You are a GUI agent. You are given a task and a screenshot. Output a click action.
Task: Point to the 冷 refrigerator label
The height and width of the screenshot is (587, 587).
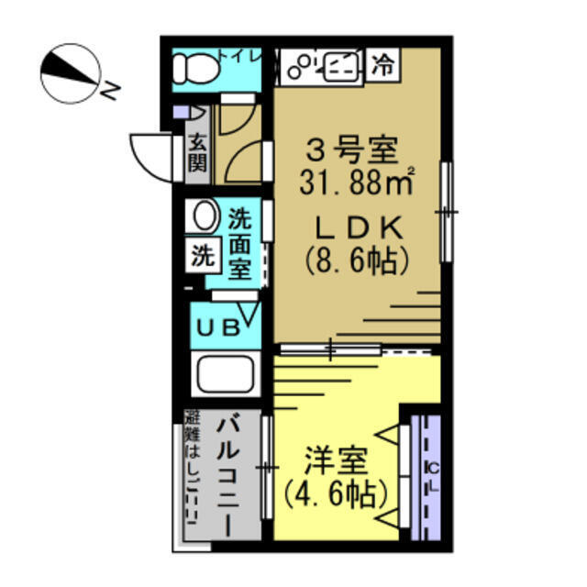point(384,64)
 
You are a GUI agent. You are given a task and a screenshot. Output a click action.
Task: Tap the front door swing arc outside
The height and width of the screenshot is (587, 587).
point(151,154)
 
